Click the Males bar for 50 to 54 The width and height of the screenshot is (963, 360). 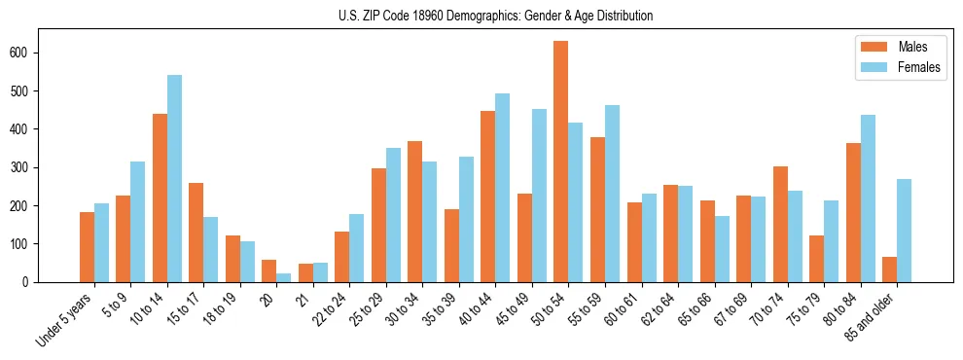[x=561, y=162]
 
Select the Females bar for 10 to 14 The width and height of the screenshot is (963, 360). [x=174, y=178]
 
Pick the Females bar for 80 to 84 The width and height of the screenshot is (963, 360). [x=868, y=198]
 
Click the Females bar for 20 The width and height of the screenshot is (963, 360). [x=284, y=277]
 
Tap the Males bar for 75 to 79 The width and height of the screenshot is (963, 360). [x=816, y=259]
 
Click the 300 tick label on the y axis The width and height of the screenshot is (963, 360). [x=26, y=167]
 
